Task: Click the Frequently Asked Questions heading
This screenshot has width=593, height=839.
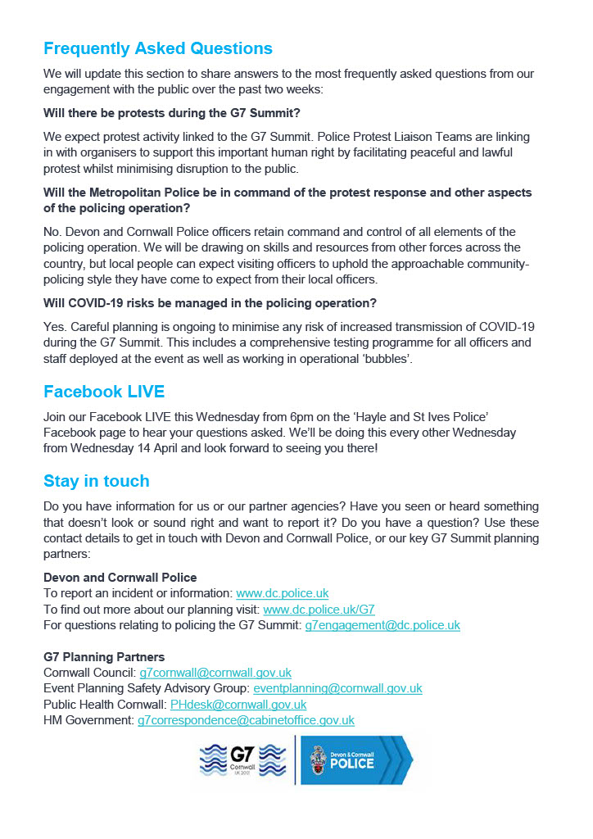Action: pyautogui.click(x=157, y=48)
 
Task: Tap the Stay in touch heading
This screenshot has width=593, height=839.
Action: pyautogui.click(x=96, y=480)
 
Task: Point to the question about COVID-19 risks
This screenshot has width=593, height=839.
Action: pyautogui.click(x=210, y=302)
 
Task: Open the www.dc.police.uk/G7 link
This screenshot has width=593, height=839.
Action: pyautogui.click(x=319, y=609)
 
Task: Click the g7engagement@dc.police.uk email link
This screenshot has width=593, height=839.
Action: pyautogui.click(x=383, y=624)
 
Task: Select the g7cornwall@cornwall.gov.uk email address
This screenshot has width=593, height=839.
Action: pyautogui.click(x=215, y=673)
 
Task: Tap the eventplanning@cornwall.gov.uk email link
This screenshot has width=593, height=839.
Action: pyautogui.click(x=337, y=688)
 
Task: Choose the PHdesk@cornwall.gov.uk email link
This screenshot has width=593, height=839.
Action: pyautogui.click(x=238, y=704)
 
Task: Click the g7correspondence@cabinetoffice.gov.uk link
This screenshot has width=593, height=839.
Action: pyautogui.click(x=246, y=720)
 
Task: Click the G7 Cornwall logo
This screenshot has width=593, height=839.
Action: pyautogui.click(x=242, y=759)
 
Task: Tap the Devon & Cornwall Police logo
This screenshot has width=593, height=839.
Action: pyautogui.click(x=356, y=760)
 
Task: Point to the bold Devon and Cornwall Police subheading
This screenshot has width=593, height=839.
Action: pyautogui.click(x=120, y=577)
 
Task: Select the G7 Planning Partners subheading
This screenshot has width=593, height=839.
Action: pyautogui.click(x=104, y=656)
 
